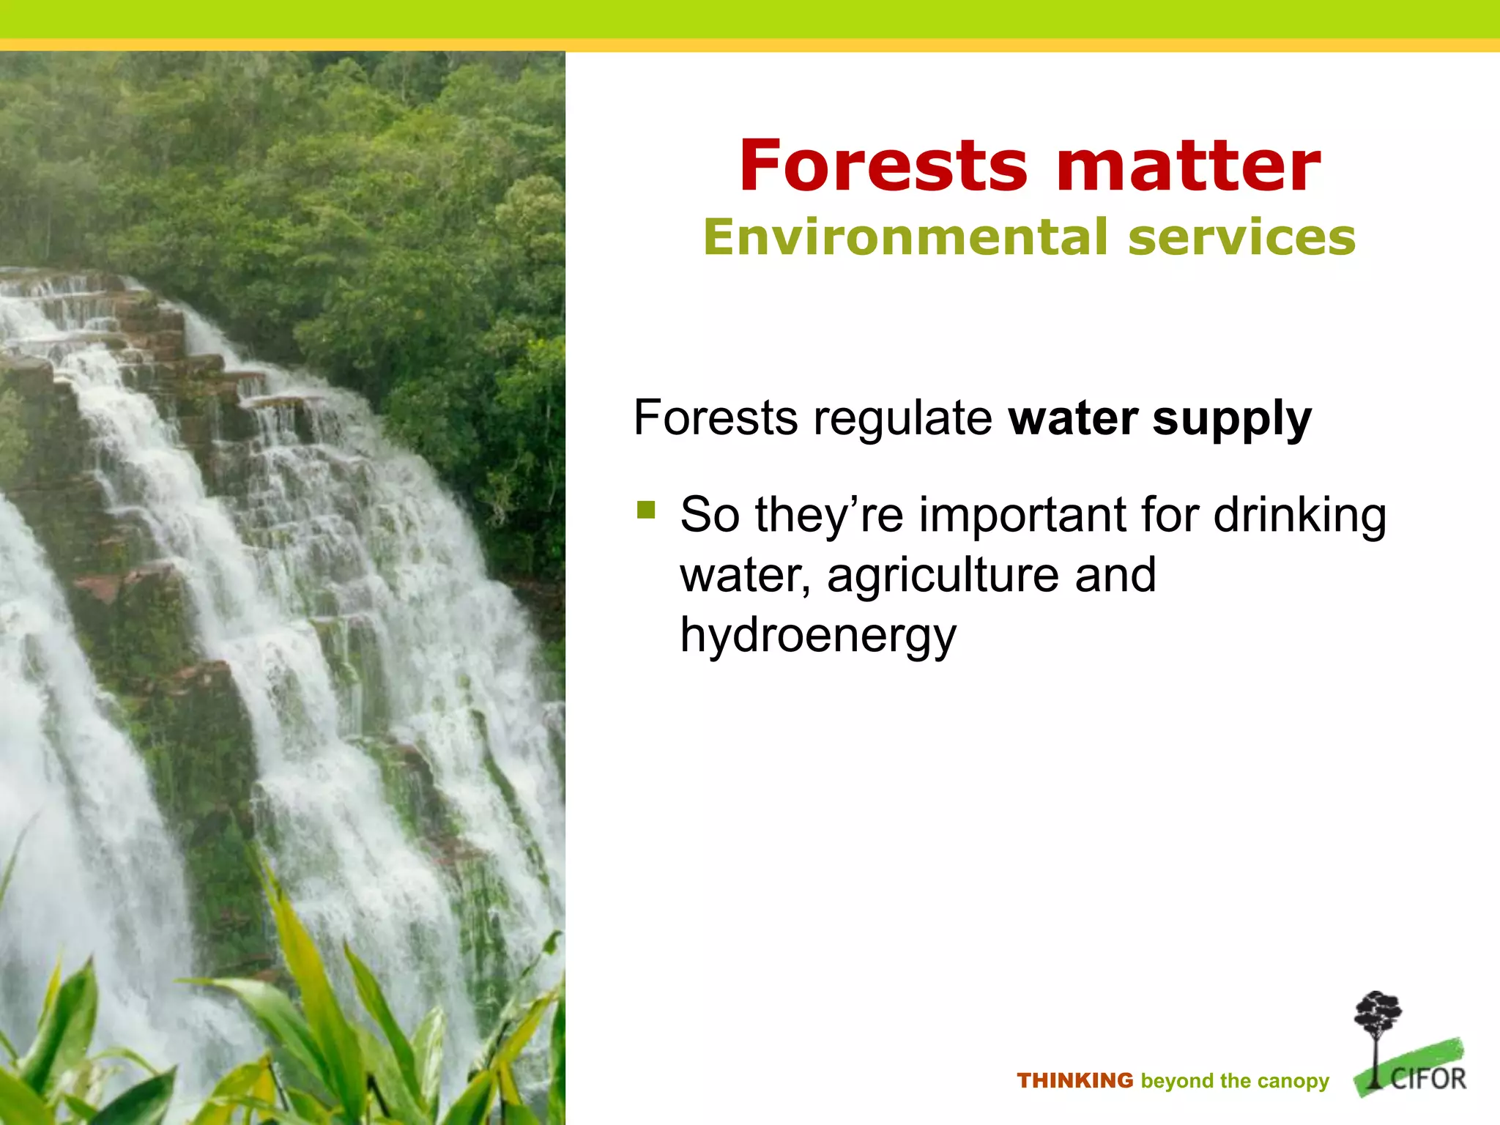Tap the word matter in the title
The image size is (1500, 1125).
(1188, 166)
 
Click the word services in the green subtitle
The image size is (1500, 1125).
(1242, 237)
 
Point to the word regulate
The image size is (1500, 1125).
(903, 419)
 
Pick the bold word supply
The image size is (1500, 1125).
(1232, 419)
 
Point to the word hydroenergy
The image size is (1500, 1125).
(818, 636)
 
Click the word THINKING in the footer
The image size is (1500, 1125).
(1074, 1081)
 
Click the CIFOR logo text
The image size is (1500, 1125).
(1428, 1079)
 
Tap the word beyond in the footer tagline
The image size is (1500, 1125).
(1176, 1082)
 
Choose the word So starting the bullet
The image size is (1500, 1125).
(710, 515)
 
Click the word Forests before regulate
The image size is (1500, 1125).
(716, 419)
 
